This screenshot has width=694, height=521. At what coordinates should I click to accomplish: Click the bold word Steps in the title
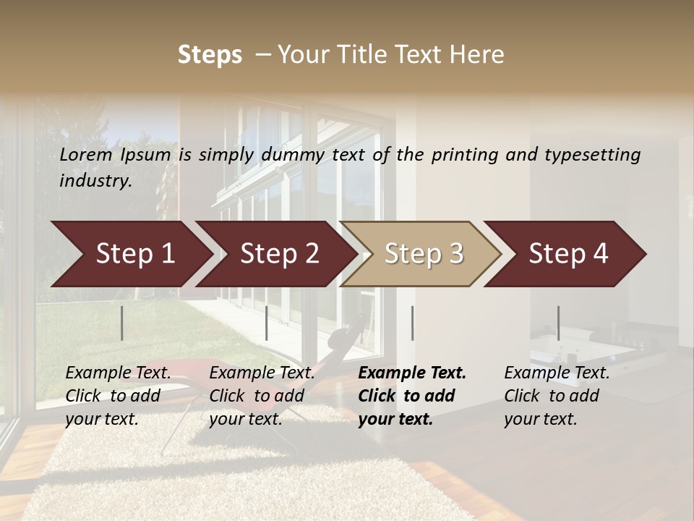point(210,55)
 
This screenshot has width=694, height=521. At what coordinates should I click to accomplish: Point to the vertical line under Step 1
point(122,323)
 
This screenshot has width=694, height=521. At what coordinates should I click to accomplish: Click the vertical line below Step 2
point(267,323)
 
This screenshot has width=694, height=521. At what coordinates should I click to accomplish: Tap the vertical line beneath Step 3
point(413,323)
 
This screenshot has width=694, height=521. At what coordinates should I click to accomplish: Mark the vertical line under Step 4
point(558,323)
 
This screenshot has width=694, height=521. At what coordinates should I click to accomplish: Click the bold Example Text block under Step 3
point(412,396)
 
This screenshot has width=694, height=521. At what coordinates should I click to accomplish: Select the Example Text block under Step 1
point(118,396)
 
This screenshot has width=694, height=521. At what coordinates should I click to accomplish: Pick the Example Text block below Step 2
point(262,396)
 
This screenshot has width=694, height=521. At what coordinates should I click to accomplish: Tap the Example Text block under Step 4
point(557,396)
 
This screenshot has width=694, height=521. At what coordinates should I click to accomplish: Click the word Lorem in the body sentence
point(85,155)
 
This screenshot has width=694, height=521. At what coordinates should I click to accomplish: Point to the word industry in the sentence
point(95,181)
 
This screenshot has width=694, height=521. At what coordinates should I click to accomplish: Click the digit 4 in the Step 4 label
point(600,254)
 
